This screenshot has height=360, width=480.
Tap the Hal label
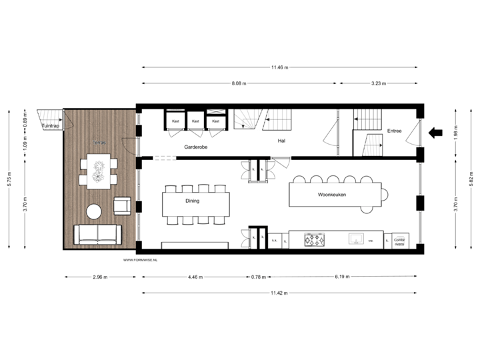tap(282, 141)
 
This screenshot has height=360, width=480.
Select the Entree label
tap(395, 131)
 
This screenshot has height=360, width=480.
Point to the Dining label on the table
tap(192, 200)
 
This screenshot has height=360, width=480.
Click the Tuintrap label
tap(50, 125)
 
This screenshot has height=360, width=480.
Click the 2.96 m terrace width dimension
tap(101, 276)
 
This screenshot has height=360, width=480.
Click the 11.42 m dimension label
tap(279, 293)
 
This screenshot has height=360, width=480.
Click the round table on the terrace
tap(94, 212)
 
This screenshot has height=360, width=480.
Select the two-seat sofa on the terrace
tap(97, 234)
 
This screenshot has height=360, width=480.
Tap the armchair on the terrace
tap(122, 206)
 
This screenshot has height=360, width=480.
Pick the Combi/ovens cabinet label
tap(399, 239)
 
